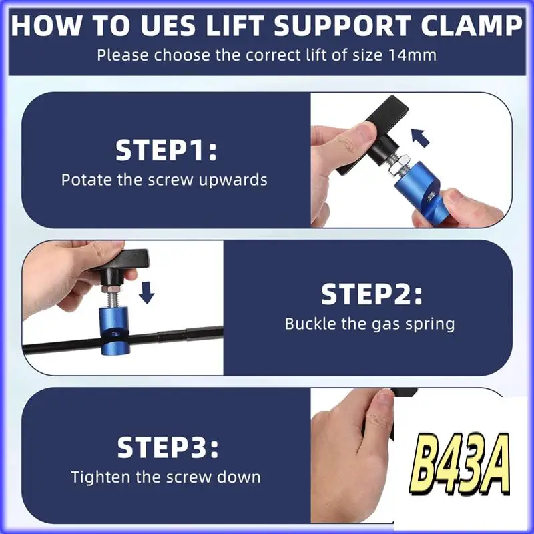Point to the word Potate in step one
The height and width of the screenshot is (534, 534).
84,180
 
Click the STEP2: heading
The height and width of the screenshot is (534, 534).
371,294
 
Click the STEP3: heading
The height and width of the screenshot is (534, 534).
167,447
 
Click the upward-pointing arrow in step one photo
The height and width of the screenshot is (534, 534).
420,138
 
